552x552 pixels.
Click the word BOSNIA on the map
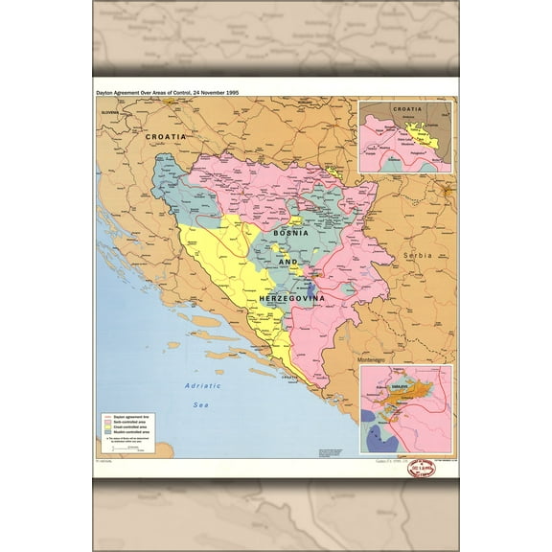coord(290,233)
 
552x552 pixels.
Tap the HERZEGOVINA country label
coord(292,299)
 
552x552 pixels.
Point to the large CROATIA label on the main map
coord(165,137)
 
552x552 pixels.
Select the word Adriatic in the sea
coord(203,385)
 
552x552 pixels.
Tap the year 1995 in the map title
coord(227,91)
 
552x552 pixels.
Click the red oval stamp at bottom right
coord(422,468)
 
